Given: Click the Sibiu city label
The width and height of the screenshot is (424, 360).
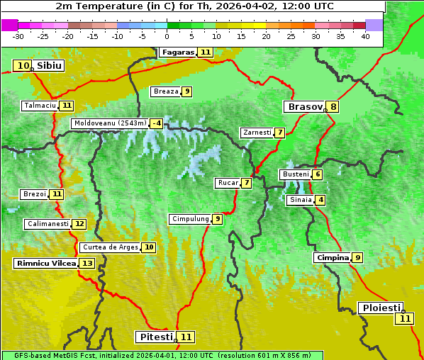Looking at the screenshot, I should click(x=49, y=65).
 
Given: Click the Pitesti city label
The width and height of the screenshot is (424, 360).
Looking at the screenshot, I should click(x=155, y=337).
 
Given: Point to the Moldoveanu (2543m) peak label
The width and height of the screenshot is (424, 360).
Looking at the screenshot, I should click(x=110, y=123).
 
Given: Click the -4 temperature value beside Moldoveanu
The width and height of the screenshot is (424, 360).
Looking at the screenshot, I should click(x=156, y=123).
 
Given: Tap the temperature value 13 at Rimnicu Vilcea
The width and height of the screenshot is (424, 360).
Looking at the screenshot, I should click(x=87, y=263).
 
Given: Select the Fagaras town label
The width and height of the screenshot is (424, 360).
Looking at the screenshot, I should click(x=177, y=52).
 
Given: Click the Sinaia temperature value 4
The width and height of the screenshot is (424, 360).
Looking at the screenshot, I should click(x=321, y=200).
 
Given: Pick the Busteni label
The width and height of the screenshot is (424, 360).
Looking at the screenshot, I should click(x=295, y=174).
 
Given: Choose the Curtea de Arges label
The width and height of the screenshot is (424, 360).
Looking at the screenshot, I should click(x=110, y=247).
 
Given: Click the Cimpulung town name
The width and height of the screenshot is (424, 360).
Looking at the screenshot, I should click(x=190, y=219).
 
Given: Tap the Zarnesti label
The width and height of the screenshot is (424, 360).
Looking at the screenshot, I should click(x=257, y=133).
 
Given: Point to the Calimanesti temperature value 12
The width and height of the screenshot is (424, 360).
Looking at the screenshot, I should click(x=79, y=224).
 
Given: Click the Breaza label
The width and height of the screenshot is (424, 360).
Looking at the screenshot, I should click(x=166, y=91).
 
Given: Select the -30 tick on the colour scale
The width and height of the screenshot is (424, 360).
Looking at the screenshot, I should click(x=18, y=36).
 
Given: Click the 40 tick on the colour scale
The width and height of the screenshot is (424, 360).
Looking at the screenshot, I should click(x=365, y=36).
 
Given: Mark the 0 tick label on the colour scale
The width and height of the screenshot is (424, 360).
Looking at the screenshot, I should click(x=167, y=36).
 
